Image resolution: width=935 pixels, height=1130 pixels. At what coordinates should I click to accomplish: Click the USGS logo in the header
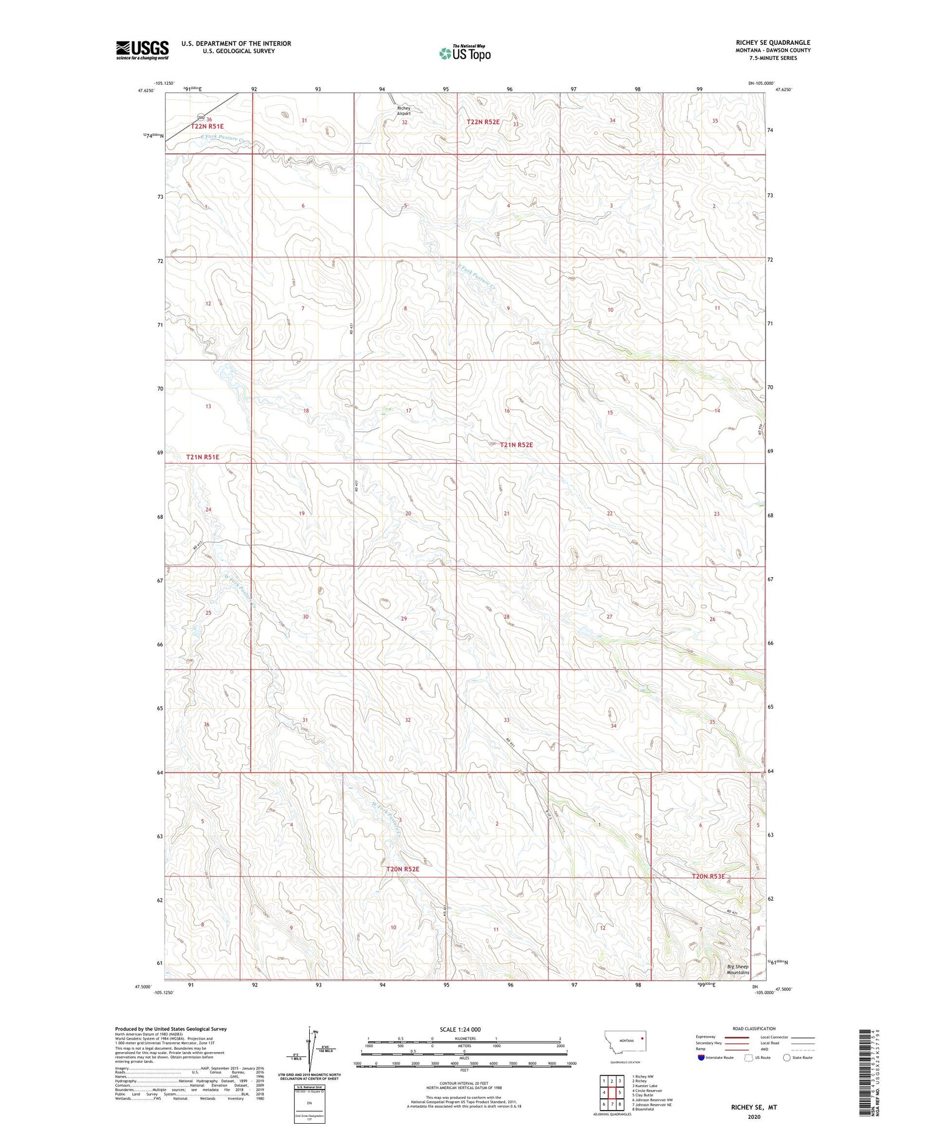(142, 50)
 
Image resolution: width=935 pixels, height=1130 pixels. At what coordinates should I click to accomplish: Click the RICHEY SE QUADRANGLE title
(772, 42)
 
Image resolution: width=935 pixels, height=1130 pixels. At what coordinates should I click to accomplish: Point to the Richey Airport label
(404, 111)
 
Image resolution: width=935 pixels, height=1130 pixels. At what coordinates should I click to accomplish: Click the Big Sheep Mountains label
(738, 969)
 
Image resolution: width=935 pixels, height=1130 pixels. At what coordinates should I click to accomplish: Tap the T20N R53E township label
(709, 876)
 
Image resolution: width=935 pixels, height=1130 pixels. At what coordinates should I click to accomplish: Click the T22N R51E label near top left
(207, 127)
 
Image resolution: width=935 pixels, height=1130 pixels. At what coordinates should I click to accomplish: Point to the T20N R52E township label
(403, 868)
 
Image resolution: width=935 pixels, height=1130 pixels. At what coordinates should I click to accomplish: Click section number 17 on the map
(408, 411)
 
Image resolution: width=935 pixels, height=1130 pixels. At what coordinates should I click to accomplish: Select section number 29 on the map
(404, 618)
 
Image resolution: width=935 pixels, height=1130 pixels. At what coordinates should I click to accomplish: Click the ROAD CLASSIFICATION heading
(754, 1028)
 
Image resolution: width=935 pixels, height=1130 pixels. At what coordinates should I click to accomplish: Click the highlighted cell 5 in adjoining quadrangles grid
(620, 1093)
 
